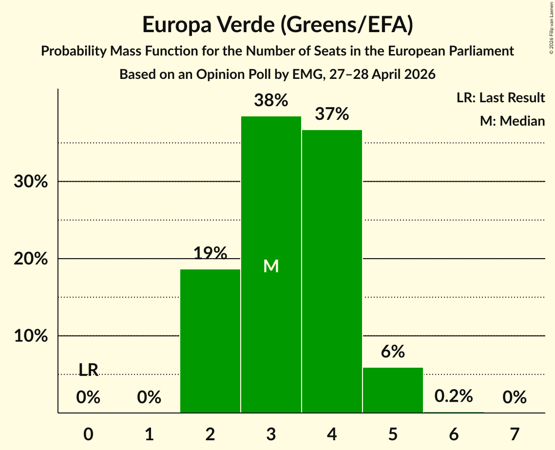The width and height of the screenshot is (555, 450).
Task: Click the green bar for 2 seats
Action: (210, 341)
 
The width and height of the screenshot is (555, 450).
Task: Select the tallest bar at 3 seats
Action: (271, 264)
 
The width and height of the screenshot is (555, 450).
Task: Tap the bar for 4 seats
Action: (332, 271)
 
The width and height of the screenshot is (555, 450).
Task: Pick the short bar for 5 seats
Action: (393, 390)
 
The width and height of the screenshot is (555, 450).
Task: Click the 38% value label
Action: (271, 100)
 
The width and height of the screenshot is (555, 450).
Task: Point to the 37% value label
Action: (332, 114)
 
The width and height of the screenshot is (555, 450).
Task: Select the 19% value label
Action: (210, 253)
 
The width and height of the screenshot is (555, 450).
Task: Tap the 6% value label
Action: (393, 352)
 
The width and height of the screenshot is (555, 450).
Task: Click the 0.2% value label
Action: (454, 396)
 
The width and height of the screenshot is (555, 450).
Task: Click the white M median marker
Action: (271, 266)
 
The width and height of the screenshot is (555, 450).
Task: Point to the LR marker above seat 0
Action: (88, 370)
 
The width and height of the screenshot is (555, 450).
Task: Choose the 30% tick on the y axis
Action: (31, 182)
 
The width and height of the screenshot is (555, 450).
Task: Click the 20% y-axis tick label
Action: (31, 259)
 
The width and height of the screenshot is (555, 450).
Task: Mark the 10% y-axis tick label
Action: (31, 336)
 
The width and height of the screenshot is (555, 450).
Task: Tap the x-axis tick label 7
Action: (515, 434)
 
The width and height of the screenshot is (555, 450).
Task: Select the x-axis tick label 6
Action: (454, 434)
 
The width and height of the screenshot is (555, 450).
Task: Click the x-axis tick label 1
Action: (150, 434)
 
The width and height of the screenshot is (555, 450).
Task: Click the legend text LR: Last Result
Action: (500, 97)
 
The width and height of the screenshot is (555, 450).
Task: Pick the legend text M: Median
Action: (512, 121)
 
